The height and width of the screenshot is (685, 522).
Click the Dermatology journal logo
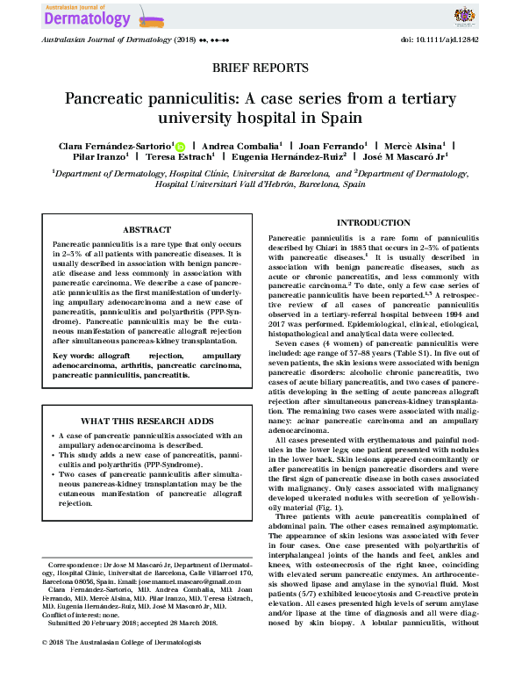pos(84,16)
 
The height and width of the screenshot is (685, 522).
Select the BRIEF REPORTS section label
pos(261,68)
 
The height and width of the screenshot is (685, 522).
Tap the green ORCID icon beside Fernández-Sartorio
pos(181,146)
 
